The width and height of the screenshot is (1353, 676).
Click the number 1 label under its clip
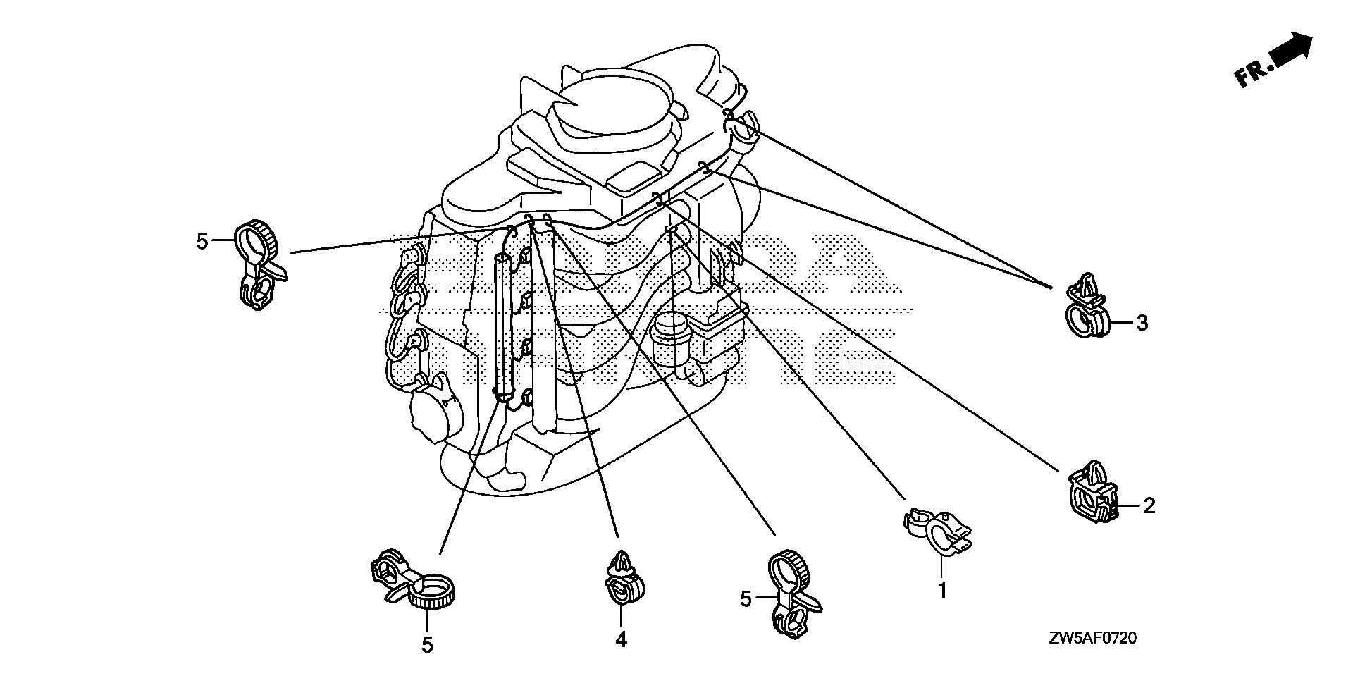(942, 589)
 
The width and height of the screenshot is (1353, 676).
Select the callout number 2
(1149, 505)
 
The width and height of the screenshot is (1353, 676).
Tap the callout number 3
(1142, 324)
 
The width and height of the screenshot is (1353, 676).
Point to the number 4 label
(620, 639)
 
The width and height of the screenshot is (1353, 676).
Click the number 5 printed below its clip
(427, 644)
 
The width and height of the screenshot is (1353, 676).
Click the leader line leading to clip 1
(796, 374)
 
